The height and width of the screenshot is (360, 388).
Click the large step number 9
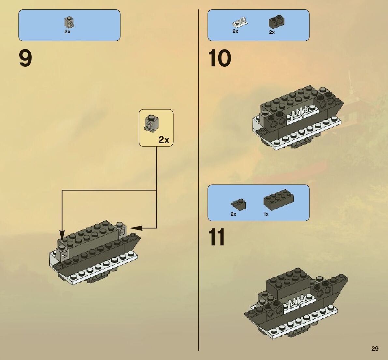coord(25,59)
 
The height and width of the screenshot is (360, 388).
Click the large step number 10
coord(220,59)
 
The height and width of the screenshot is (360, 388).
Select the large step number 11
coord(217,237)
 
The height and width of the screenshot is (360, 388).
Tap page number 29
coord(375,349)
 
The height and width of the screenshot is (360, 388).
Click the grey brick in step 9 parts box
coord(69,22)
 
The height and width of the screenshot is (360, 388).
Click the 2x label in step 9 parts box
coord(67,32)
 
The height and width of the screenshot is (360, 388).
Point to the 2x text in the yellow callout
coord(164,140)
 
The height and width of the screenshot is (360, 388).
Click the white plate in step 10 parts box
coord(240,22)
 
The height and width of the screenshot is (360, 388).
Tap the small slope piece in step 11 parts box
coord(238,204)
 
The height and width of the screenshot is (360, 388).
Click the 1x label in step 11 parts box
coord(266,214)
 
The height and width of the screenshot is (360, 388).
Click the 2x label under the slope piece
coord(233,214)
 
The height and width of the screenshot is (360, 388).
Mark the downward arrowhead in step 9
coord(62,235)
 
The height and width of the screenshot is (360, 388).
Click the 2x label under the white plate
coord(235,32)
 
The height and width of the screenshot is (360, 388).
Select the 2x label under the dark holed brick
coord(272,32)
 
